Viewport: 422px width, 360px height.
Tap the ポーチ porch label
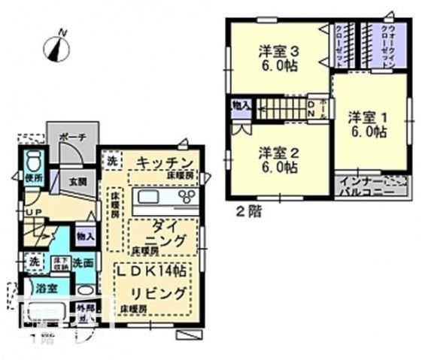72,138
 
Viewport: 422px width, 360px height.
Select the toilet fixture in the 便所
31,162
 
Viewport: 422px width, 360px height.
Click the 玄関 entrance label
78,181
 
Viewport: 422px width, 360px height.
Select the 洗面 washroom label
83,263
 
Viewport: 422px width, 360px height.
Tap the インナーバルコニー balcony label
371,187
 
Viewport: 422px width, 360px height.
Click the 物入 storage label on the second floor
241,105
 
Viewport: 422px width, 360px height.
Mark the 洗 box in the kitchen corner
111,160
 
